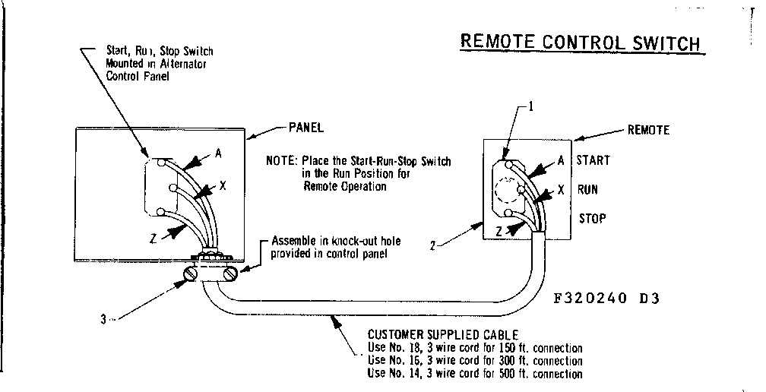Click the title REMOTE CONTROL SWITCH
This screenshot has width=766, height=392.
(580, 43)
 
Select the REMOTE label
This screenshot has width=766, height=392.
(647, 130)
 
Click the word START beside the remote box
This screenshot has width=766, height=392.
(593, 160)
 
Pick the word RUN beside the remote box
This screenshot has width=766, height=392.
(587, 189)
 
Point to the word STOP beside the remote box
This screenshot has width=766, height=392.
(593, 219)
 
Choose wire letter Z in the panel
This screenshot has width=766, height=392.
(154, 239)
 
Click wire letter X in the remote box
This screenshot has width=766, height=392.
(560, 190)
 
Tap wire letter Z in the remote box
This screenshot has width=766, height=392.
(499, 231)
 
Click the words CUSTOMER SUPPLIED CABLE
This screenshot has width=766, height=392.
(444, 334)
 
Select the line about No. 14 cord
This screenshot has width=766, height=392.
(474, 374)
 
